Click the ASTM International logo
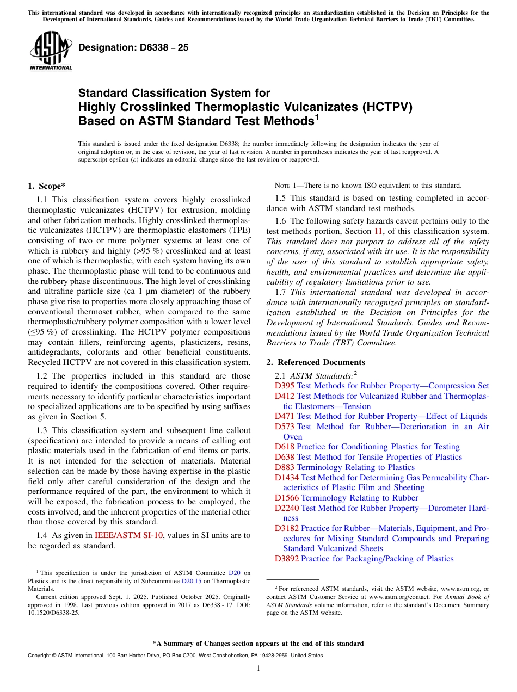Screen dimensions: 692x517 (x=51, y=51)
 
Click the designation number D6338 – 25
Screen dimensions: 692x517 (x=133, y=47)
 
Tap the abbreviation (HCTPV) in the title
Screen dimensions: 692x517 (x=386, y=107)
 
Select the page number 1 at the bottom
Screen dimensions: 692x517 (x=258, y=669)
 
